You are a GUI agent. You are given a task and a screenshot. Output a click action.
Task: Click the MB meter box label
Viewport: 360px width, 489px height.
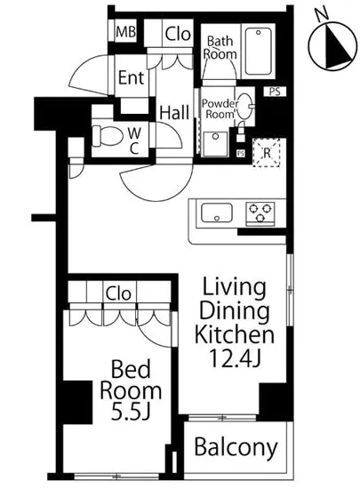(x=126, y=32)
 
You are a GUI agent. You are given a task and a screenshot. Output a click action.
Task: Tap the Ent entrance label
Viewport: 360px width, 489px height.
(x=132, y=77)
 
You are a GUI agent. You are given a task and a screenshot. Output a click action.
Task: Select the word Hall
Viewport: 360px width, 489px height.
(x=174, y=113)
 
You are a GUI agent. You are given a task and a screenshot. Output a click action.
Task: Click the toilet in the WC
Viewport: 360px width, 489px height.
(x=107, y=136)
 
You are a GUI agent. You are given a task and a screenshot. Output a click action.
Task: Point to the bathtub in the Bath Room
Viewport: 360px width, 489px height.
(x=258, y=52)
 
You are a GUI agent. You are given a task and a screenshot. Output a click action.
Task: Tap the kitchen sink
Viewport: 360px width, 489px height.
(x=217, y=212)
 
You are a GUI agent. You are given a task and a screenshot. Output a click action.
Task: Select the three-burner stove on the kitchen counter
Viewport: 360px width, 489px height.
(x=260, y=212)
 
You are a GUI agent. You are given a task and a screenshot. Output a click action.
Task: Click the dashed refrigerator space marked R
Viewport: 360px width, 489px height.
(x=266, y=153)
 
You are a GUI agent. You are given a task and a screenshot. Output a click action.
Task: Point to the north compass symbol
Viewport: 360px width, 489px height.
(x=332, y=46)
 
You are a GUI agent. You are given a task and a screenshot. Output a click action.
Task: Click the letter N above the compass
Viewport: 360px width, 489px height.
(x=322, y=14)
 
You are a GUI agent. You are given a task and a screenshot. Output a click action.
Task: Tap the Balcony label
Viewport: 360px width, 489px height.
(x=236, y=447)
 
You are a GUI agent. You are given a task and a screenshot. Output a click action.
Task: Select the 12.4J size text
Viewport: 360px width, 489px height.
(x=235, y=357)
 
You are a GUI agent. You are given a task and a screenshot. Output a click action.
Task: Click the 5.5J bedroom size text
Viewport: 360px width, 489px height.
(x=131, y=413)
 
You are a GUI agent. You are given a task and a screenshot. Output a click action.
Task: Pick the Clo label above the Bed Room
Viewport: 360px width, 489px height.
(x=118, y=293)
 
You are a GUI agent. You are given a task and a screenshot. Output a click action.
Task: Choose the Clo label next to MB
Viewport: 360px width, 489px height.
(x=178, y=34)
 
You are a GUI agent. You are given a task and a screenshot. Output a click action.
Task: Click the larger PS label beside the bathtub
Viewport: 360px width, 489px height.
(x=275, y=92)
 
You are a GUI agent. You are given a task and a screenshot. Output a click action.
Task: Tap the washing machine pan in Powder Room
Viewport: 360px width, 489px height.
(x=215, y=144)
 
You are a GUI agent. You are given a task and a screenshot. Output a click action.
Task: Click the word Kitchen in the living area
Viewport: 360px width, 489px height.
(x=235, y=334)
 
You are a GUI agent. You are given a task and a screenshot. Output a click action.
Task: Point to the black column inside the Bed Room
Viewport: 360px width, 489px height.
(x=77, y=402)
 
